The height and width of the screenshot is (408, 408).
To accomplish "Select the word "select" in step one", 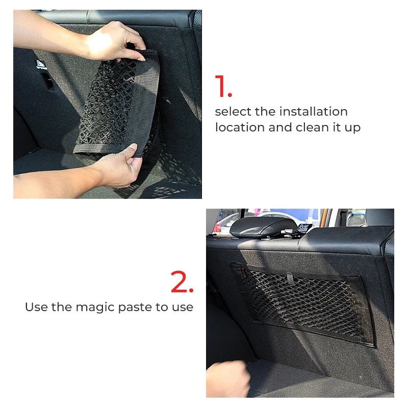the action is coord(233,112).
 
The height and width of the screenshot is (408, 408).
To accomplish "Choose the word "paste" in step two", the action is coord(135,308).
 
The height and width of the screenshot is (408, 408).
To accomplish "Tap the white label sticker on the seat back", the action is coord(41,65).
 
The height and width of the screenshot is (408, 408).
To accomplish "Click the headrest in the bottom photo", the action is coord(263,227).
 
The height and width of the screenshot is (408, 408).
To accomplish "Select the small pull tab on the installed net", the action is coord(290,278).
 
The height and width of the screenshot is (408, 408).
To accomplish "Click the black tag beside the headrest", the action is coord(304,227).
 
